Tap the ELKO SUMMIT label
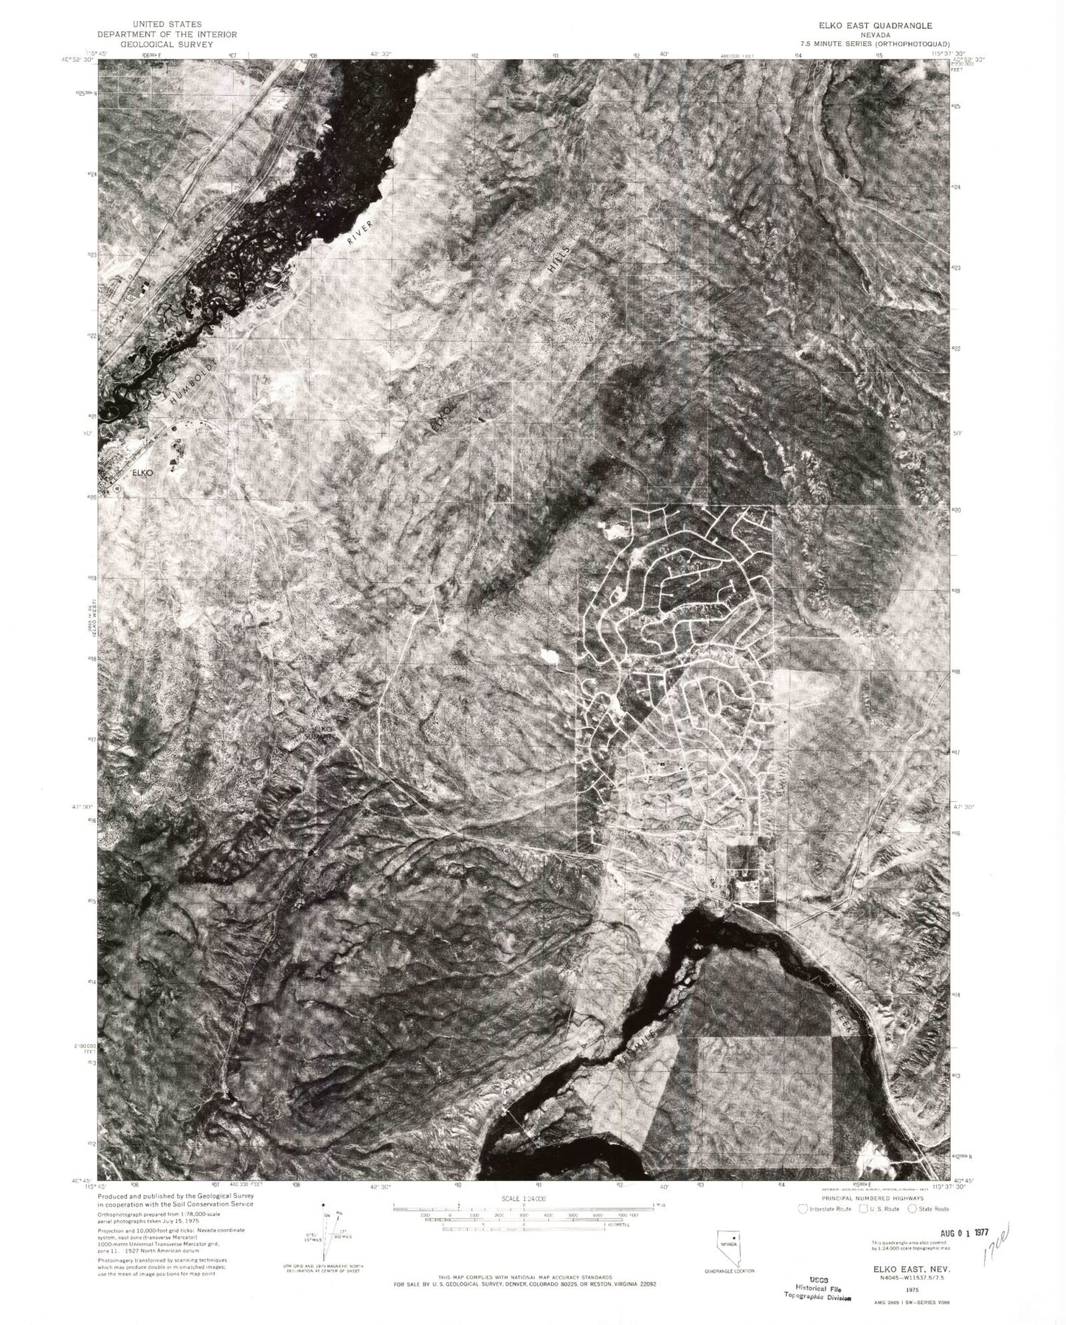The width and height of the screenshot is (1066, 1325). click(322, 733)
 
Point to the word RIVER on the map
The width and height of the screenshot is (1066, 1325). click(362, 231)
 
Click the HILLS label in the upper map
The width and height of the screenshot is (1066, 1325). click(561, 257)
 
